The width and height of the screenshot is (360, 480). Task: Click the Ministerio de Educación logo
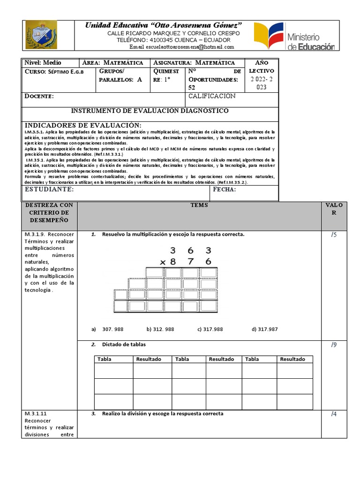click(294, 37)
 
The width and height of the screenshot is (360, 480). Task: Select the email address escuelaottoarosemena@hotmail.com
click(181, 47)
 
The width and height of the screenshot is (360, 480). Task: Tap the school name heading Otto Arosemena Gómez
click(163, 24)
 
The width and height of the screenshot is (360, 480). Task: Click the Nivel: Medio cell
click(43, 62)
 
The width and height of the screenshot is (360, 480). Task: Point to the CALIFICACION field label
click(212, 96)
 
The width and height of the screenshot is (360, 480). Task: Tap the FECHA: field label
click(225, 189)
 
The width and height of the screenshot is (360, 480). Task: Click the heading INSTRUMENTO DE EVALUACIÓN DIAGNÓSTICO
click(150, 111)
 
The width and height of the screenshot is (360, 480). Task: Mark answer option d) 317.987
click(264, 329)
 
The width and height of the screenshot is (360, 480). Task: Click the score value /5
click(333, 234)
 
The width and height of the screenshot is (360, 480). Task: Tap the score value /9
click(333, 345)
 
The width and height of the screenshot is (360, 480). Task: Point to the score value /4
click(333, 414)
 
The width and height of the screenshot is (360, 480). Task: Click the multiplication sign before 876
click(163, 262)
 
